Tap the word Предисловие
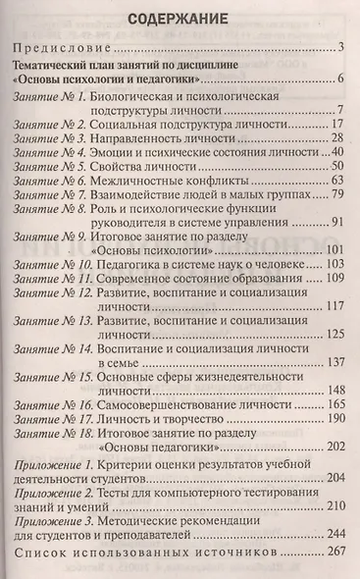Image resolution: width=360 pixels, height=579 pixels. pos(58,47)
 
